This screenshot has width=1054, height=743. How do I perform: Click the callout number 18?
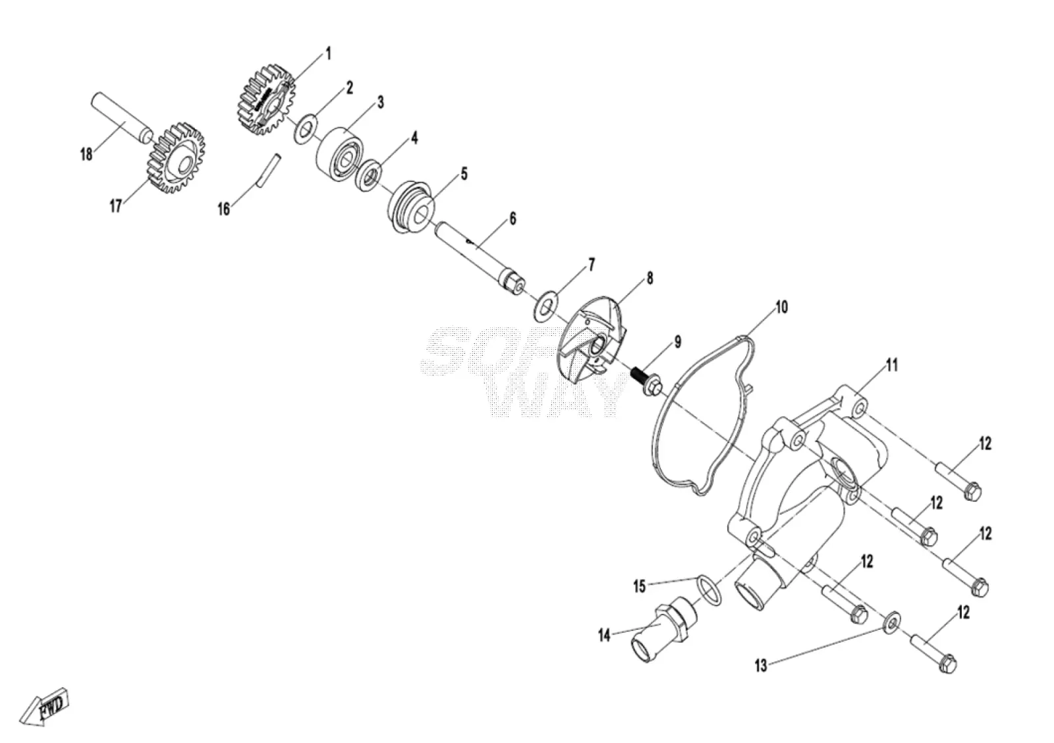point(86,154)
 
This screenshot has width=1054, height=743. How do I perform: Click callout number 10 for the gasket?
point(781,307)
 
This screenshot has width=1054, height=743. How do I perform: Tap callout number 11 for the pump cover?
point(893,365)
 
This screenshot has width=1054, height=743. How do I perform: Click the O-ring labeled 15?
point(709,590)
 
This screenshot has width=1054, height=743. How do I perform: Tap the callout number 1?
point(329,53)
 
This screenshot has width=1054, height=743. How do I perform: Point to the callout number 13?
point(761,665)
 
